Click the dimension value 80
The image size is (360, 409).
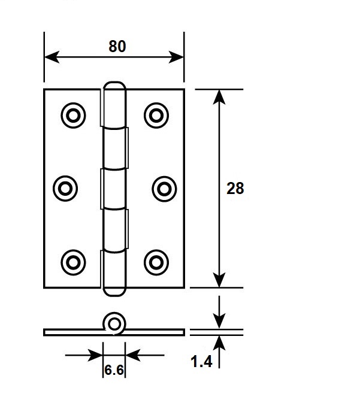117,47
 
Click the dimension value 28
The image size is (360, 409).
235,188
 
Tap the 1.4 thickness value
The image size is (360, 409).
201,362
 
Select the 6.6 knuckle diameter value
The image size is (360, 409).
114,370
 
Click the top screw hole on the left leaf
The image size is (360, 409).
73,116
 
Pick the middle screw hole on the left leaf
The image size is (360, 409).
65,188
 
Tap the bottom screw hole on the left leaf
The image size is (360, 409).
73,262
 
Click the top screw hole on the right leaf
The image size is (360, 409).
156,116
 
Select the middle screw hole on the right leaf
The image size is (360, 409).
164,189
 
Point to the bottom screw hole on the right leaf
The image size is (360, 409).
156,262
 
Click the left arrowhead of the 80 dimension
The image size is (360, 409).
52,57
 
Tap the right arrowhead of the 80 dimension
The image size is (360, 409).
176,57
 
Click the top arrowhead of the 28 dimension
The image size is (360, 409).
219,97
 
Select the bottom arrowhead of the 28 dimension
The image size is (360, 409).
219,280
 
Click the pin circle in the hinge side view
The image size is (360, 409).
114,325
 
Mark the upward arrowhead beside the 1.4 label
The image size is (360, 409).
219,343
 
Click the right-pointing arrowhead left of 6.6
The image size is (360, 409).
95,355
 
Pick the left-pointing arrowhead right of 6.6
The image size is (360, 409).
133,355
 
